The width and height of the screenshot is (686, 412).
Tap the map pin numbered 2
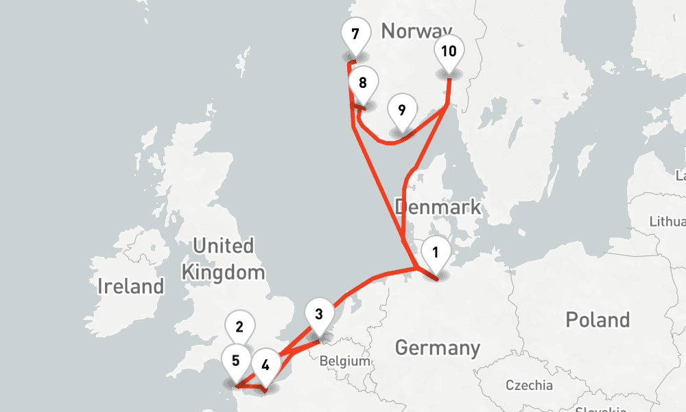(x=239, y=326)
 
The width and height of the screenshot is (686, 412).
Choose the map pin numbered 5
(x=236, y=360)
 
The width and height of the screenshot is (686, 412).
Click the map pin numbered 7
(x=355, y=34)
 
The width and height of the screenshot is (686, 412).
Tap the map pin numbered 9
(x=402, y=110)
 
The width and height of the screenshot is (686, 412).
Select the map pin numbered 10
(x=449, y=51)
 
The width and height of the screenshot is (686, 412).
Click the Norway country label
(x=416, y=30)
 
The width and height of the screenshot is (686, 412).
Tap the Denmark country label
(x=438, y=207)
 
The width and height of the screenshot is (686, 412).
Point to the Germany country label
(x=437, y=347)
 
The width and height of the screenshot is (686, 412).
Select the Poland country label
(x=597, y=319)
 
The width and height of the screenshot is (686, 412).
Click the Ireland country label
(x=130, y=286)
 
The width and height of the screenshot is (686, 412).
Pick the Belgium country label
(x=345, y=361)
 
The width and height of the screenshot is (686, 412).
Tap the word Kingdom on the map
(x=223, y=272)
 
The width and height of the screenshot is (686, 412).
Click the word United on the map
(x=223, y=246)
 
